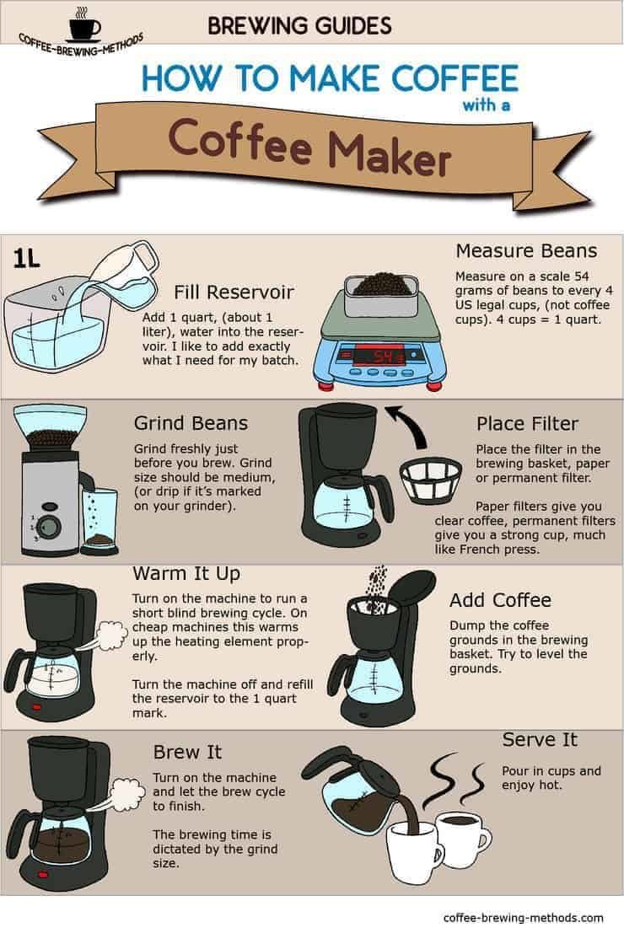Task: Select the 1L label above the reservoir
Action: tap(26, 258)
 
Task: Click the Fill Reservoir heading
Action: tap(234, 292)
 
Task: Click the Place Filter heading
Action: tap(526, 422)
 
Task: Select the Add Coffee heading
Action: tap(500, 600)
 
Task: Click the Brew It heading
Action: tap(187, 751)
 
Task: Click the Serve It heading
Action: tap(540, 739)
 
